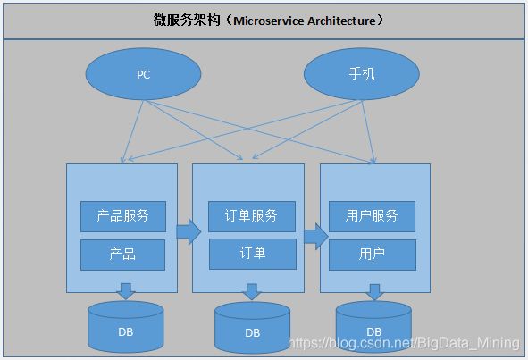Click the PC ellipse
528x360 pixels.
coord(143,74)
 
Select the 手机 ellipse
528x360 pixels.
coord(362,74)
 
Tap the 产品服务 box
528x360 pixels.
coord(123,216)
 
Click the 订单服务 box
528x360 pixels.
coord(252,216)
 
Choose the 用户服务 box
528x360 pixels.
coord(372,216)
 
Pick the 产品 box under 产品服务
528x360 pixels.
coord(123,255)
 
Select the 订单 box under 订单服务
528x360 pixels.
coord(253,255)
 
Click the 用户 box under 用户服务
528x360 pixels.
coord(373,255)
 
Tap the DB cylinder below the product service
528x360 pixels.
coord(126,327)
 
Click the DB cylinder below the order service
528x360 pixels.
coord(253,328)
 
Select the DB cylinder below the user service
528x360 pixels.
coord(373,327)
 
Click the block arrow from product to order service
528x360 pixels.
coord(189,231)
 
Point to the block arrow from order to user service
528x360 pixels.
coord(316,236)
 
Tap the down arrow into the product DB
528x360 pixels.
coord(126,291)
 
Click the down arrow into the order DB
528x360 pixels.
coord(252,291)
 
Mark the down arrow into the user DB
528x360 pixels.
coord(375,291)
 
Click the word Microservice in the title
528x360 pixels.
coord(269,21)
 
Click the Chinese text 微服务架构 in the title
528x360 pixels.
coord(187,21)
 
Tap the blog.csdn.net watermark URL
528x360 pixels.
coord(404,343)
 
